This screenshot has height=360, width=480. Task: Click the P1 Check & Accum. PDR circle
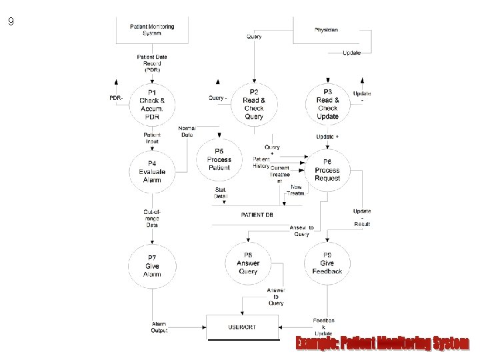tap(152, 104)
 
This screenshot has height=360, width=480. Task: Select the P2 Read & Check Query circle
tap(254, 104)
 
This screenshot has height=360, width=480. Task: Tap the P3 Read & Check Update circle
tap(327, 104)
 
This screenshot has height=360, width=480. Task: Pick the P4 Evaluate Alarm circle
tap(152, 171)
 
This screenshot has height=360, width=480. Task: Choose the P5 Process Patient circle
tap(219, 159)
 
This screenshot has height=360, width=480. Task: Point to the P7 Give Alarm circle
tap(152, 265)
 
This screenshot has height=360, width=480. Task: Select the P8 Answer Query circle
tap(248, 263)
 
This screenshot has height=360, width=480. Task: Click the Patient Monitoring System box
tap(152, 30)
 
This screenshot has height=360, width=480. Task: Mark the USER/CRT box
tap(241, 327)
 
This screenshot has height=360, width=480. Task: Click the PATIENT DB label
tap(257, 215)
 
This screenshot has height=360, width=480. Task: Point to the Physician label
tap(326, 30)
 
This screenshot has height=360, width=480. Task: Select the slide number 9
tap(11, 22)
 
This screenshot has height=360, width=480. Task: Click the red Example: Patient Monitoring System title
tap(383, 343)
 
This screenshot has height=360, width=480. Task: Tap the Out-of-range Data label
tap(152, 219)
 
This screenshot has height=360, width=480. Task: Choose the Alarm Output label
tap(159, 327)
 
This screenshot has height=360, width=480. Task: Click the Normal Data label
tap(187, 131)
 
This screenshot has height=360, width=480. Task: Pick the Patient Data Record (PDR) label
tap(152, 63)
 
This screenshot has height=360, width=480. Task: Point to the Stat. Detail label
tap(221, 193)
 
